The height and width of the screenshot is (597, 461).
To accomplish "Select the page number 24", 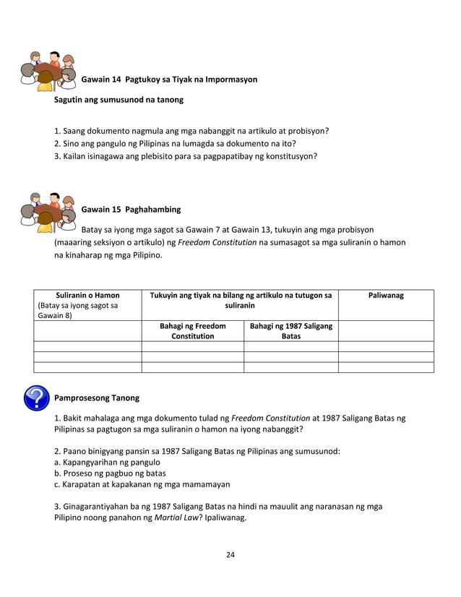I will tap(231, 555).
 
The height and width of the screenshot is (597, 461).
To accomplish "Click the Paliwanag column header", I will tap(386, 296).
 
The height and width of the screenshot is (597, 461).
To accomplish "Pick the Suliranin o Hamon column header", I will tap(87, 296).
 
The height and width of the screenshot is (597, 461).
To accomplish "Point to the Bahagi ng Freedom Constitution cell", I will tap(192, 331).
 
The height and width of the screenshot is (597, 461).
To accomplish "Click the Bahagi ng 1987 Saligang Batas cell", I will tap(290, 331).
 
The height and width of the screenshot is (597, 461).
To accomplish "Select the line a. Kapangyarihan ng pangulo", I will tap(107, 462).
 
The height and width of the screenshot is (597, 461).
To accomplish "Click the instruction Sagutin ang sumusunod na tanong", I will tap(119, 100).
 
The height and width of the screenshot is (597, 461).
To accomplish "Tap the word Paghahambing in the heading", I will tap(153, 210).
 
